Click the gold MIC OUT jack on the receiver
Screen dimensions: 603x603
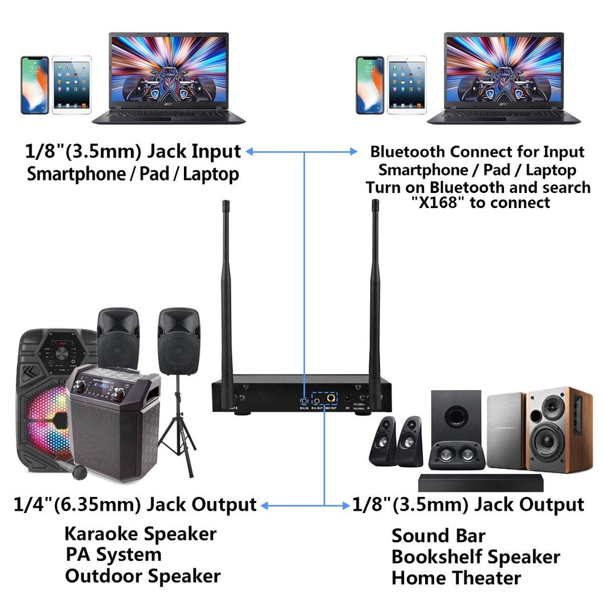click(x=331, y=399)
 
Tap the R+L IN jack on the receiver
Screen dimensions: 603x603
click(x=305, y=400)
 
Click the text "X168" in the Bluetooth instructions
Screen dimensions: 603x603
click(x=441, y=203)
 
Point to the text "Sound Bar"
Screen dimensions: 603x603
click(x=438, y=535)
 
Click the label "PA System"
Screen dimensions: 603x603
click(x=113, y=554)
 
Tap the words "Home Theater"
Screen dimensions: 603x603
click(x=456, y=578)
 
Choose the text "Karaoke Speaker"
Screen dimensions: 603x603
click(x=140, y=534)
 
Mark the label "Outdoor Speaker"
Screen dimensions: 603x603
click(x=142, y=575)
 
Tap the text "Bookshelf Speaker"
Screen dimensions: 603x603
click(x=475, y=557)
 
